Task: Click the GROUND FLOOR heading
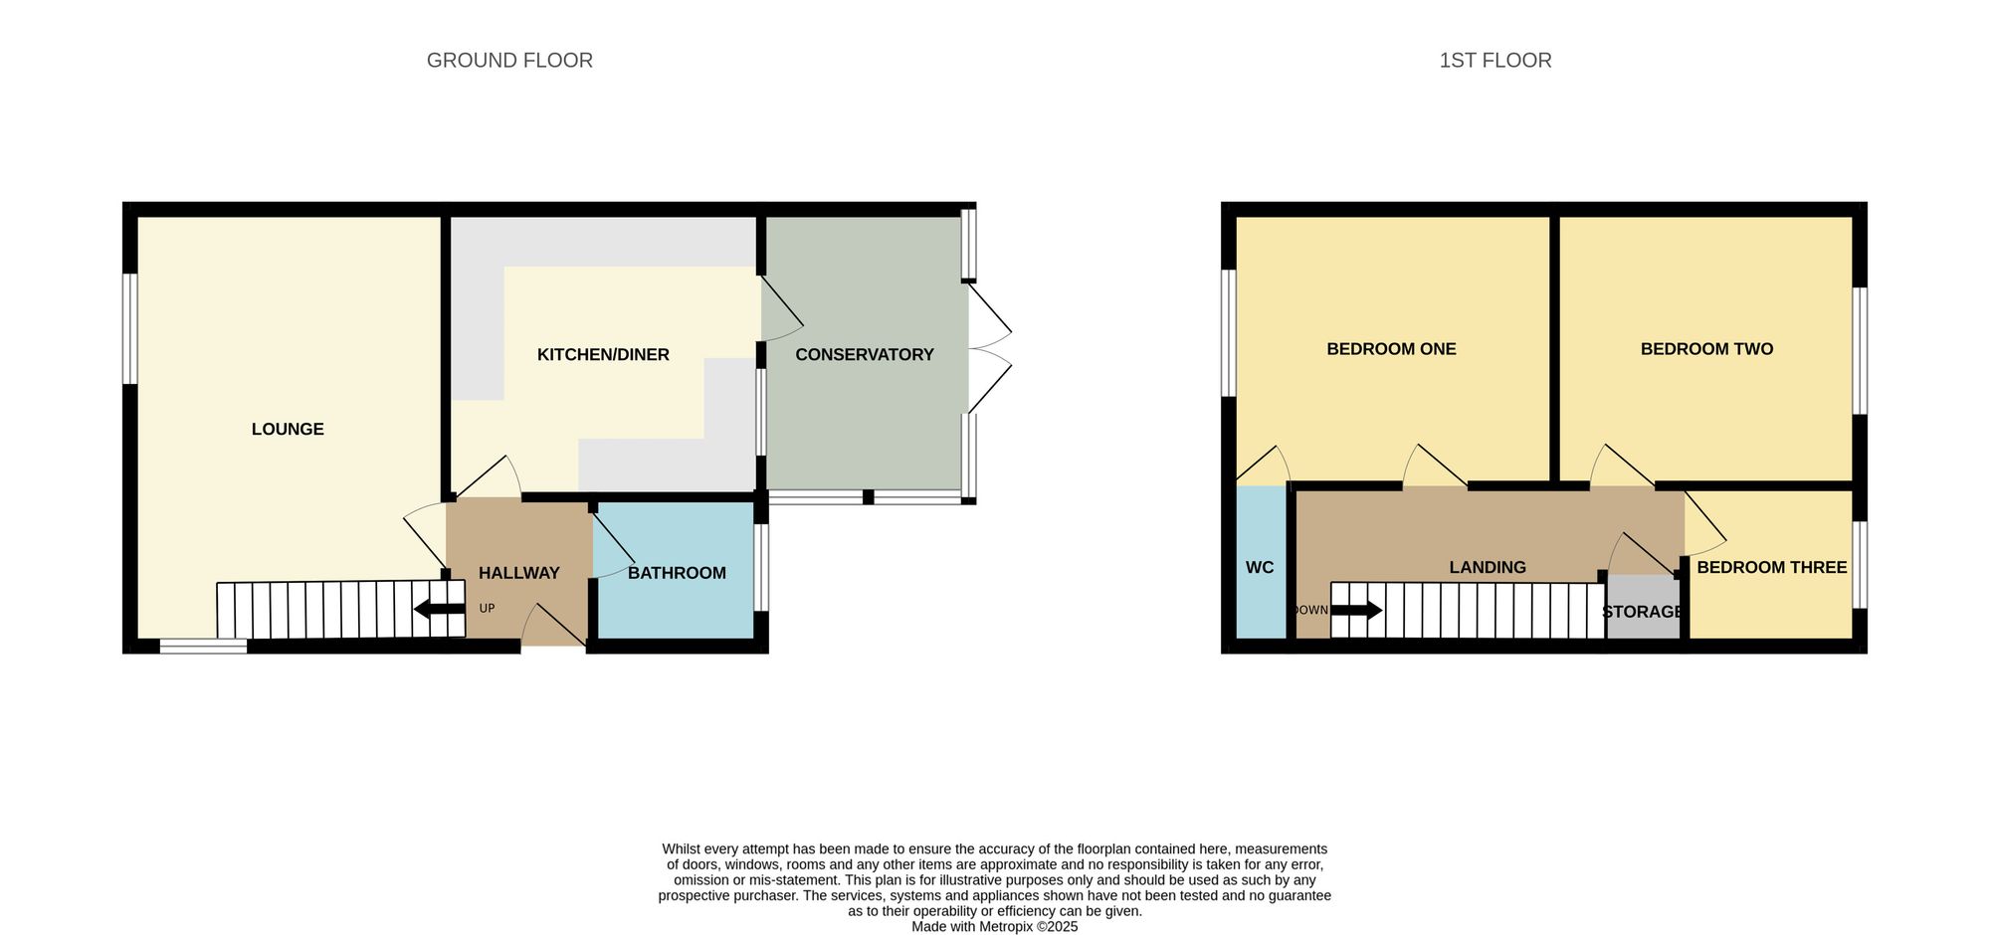click(509, 61)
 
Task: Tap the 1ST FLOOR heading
click(1494, 61)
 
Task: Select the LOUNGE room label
click(288, 430)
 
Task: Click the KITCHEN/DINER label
click(603, 355)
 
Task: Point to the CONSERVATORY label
click(864, 355)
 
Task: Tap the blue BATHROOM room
click(677, 597)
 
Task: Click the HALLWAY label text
click(518, 573)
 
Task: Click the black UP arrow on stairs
click(438, 609)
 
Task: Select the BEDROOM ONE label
click(1391, 349)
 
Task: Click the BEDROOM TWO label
click(1706, 349)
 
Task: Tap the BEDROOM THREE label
click(1771, 568)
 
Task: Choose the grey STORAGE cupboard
click(1643, 611)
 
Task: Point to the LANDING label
click(1487, 568)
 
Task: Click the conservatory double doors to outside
click(989, 349)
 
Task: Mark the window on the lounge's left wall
click(129, 328)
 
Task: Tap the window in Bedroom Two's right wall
click(1859, 350)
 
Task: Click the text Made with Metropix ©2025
click(994, 926)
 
